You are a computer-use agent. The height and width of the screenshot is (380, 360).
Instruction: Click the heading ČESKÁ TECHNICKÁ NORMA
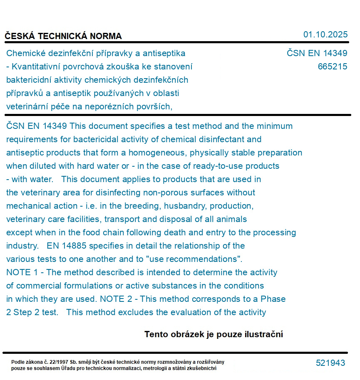point(63,36)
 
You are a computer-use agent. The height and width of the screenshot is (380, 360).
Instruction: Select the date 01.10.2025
point(325,35)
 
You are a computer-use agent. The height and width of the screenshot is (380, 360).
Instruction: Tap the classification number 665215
point(332,67)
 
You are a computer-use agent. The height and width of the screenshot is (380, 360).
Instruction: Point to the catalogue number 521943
point(330,363)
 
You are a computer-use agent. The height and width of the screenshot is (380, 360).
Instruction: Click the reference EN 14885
point(67,246)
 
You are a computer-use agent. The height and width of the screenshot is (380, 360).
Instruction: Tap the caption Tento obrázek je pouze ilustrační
point(214,334)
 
